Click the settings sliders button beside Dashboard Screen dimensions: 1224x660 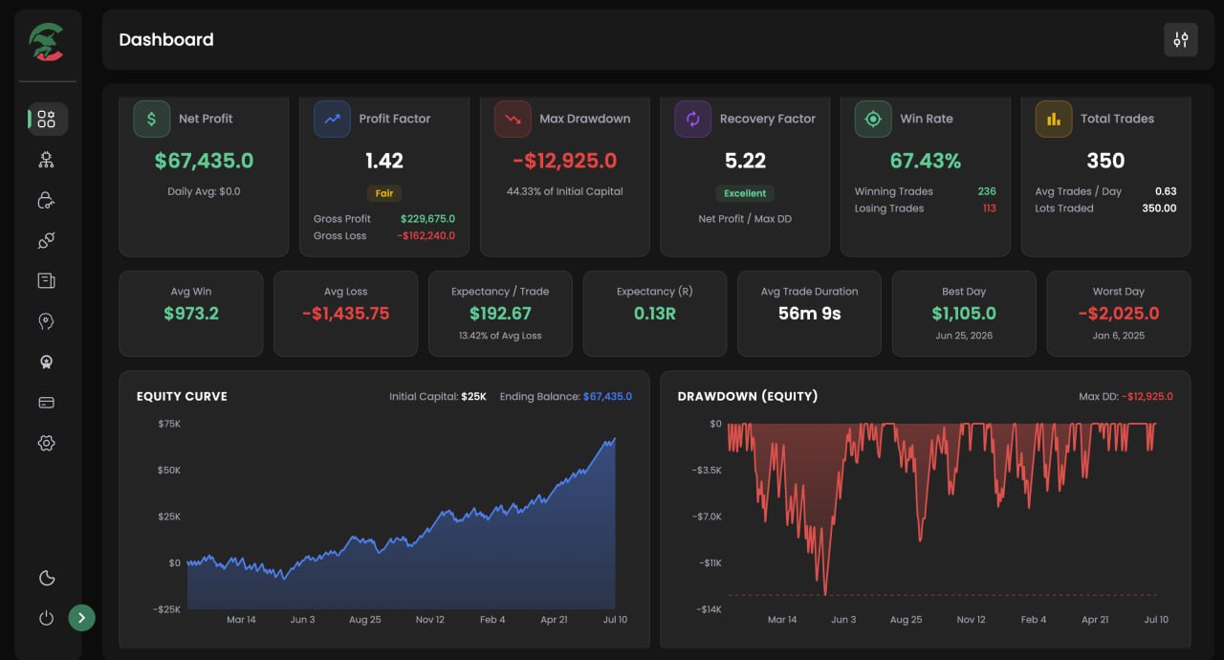pyautogui.click(x=1180, y=39)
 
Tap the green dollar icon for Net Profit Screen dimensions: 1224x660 pyautogui.click(x=151, y=119)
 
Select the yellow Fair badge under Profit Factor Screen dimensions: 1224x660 pyautogui.click(x=384, y=193)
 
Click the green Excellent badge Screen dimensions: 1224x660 pyautogui.click(x=745, y=193)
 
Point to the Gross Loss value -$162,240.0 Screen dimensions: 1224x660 pyautogui.click(x=426, y=235)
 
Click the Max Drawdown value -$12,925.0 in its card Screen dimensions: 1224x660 pyautogui.click(x=564, y=161)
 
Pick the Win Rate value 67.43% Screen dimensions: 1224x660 pyautogui.click(x=925, y=161)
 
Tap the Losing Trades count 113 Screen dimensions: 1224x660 pyautogui.click(x=989, y=209)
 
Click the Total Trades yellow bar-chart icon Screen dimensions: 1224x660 pyautogui.click(x=1054, y=119)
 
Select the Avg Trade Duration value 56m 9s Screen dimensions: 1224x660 pyautogui.click(x=809, y=313)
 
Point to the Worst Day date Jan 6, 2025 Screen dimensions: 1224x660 pyautogui.click(x=1118, y=336)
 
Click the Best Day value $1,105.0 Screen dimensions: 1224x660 pyautogui.click(x=964, y=313)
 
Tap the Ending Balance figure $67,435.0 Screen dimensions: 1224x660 pyautogui.click(x=607, y=396)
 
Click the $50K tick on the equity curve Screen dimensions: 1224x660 pyautogui.click(x=169, y=470)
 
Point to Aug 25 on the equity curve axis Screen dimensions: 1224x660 pyautogui.click(x=365, y=620)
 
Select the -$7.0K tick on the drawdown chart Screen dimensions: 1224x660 pyautogui.click(x=707, y=517)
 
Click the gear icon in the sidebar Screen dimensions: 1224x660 pyautogui.click(x=47, y=443)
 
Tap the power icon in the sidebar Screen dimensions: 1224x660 pyautogui.click(x=47, y=618)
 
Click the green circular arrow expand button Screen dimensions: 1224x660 pyautogui.click(x=81, y=618)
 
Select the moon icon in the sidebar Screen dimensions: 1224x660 pyautogui.click(x=47, y=578)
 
